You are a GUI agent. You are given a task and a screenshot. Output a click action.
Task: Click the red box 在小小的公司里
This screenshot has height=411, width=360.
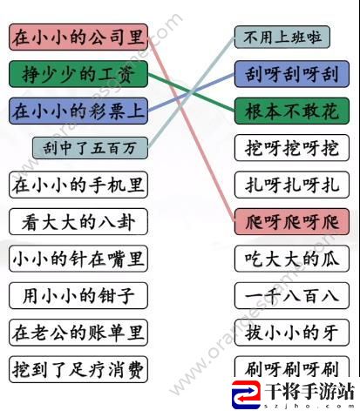coord(78,37)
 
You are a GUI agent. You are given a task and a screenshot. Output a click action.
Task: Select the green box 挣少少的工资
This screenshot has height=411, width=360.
coord(78,74)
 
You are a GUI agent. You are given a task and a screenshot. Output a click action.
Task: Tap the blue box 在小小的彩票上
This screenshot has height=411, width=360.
coord(78,111)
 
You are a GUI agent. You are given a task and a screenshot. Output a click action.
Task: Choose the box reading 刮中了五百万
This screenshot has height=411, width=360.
coord(90,148)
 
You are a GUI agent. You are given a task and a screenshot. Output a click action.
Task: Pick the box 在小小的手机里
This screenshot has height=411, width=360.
coord(78,185)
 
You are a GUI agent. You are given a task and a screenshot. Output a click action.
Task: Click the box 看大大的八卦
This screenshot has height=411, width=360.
coord(78,222)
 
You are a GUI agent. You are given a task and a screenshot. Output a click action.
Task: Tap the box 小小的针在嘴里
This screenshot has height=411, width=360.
coord(78,259)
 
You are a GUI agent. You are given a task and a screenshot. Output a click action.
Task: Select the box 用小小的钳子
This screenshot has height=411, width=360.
coord(78,295)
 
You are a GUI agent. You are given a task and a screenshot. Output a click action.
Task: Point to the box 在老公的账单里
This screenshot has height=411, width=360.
coord(78,333)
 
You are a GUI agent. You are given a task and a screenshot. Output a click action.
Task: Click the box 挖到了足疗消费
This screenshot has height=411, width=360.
coord(78,369)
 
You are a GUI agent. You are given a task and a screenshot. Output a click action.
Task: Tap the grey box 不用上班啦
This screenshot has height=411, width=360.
coord(282,37)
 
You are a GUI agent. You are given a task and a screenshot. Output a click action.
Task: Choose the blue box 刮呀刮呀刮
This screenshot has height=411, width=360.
coord(292,74)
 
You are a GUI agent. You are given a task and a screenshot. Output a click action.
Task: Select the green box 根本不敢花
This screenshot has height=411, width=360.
coord(292,111)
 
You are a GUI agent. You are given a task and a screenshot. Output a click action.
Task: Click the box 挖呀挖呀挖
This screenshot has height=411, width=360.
coord(292,148)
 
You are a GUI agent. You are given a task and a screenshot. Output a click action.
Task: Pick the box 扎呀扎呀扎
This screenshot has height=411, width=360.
coord(292,185)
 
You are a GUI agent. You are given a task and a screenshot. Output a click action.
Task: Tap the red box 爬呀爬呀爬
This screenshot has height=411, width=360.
coord(292,222)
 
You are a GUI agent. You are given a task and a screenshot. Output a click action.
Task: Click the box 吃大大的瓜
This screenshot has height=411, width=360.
coord(292,259)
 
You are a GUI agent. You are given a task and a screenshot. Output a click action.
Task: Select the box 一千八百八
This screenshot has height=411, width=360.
coord(292,295)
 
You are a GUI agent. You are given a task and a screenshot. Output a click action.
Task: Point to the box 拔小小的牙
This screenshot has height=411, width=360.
coord(292,333)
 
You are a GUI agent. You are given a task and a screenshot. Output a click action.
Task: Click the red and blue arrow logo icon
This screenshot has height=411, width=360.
coord(246,395)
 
